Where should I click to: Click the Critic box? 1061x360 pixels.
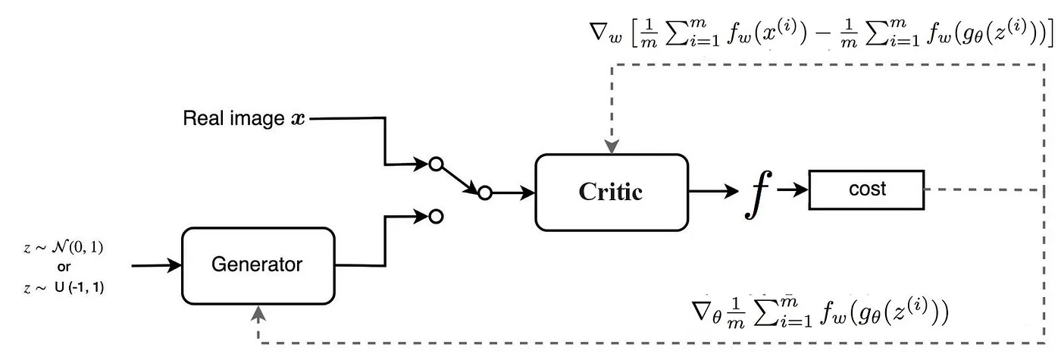tap(611, 192)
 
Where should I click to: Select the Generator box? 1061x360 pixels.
tap(258, 265)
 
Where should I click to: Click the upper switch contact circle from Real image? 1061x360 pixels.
tap(435, 163)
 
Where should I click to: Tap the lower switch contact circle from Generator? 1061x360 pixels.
tap(435, 217)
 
